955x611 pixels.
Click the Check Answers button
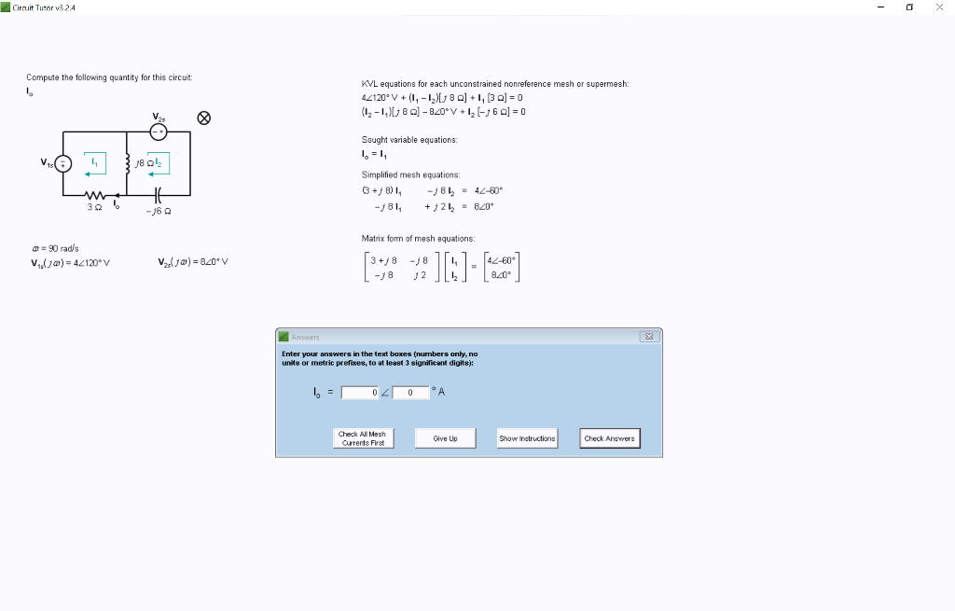pos(609,437)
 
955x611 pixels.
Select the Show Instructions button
pos(527,437)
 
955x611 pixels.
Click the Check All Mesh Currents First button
pos(363,437)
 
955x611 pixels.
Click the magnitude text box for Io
pos(361,393)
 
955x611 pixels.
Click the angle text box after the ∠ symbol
pos(410,393)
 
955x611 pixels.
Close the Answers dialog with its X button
pos(650,337)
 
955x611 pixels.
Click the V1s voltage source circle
pos(63,164)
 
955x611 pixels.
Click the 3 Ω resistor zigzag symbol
pos(94,196)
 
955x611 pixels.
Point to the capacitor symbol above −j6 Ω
pos(157,196)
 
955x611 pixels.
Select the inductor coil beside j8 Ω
pos(127,164)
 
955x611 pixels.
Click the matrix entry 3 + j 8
pos(384,260)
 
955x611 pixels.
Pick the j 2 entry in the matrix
pos(420,275)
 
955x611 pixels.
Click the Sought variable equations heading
pos(408,140)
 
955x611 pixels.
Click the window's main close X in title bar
pos(938,7)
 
